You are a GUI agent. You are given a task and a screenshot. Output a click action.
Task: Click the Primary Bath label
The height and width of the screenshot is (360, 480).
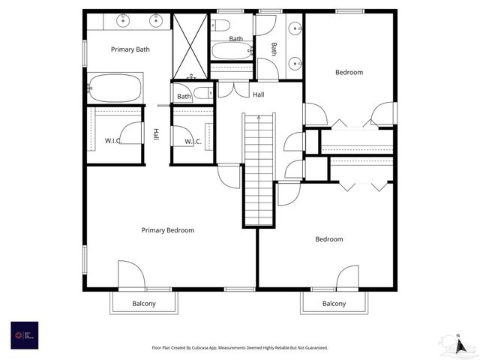click(x=130, y=49)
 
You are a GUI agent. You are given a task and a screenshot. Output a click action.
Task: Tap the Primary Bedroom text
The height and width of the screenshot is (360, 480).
click(x=168, y=230)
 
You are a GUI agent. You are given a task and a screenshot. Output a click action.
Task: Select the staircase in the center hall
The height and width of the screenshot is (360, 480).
click(x=259, y=169)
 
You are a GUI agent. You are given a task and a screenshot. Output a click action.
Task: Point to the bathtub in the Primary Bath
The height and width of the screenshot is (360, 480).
click(x=115, y=88)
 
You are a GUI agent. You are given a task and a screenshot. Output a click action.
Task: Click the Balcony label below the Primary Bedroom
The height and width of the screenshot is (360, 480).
click(x=144, y=304)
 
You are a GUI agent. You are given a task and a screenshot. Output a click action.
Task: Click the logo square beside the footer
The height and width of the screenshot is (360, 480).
click(x=24, y=335)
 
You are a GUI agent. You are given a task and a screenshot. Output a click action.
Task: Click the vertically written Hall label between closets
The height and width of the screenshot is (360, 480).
click(x=156, y=134)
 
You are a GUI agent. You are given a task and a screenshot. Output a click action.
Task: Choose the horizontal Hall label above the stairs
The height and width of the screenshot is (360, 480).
click(x=258, y=94)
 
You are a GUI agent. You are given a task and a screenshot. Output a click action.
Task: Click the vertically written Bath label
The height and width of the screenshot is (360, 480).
click(x=274, y=49)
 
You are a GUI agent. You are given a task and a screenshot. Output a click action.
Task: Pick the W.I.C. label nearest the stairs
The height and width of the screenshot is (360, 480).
click(x=192, y=141)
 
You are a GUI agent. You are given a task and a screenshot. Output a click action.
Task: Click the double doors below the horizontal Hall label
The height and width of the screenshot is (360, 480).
click(x=238, y=89)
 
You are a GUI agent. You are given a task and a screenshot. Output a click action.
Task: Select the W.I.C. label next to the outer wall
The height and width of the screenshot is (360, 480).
click(x=113, y=141)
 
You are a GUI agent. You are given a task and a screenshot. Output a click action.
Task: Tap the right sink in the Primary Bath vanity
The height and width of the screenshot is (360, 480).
click(x=157, y=20)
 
